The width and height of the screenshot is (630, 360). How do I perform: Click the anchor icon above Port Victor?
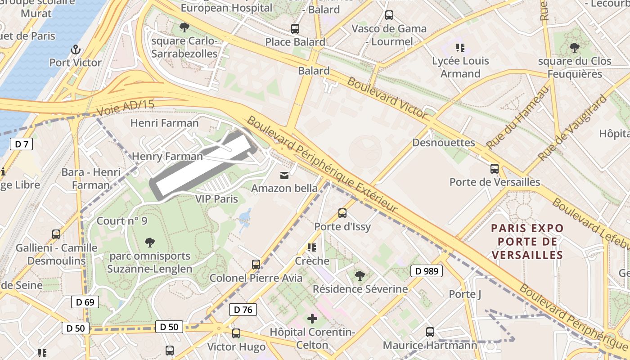coord(76,49)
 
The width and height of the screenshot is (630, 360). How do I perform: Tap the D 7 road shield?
coord(21,144)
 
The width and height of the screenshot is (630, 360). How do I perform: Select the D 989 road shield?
coord(427,271)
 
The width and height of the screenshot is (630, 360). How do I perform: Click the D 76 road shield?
coord(243,310)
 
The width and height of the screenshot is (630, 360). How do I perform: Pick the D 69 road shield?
coord(85,302)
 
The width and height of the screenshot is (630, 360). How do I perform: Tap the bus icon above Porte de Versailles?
coord(495,169)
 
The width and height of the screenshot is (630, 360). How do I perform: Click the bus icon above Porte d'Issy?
coord(342,213)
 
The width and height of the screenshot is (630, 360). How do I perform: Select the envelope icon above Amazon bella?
coord(284,175)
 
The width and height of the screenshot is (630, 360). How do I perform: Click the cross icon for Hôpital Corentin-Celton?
coord(312,319)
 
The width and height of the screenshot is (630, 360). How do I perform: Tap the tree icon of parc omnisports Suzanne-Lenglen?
coord(150,243)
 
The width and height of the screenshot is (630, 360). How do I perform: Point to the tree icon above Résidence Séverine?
coord(360,275)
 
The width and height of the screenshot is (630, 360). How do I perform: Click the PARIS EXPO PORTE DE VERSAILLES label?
coord(527,242)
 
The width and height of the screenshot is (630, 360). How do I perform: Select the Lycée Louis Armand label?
coord(460,67)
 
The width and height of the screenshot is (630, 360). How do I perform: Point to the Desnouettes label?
coord(444,143)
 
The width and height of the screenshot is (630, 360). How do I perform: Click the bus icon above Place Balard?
coord(295,29)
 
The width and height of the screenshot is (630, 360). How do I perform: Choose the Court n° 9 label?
coord(122,221)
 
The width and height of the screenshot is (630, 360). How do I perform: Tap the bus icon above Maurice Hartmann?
coord(430,332)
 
